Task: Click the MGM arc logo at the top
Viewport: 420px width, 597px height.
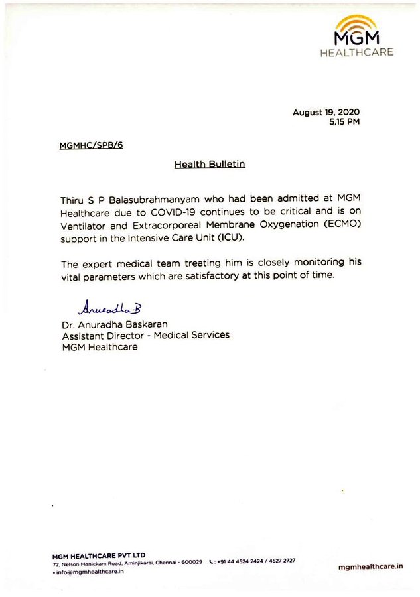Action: tap(356, 25)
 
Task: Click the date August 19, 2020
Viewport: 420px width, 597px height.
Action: tap(326, 113)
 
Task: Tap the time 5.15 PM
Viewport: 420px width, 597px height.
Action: tap(344, 122)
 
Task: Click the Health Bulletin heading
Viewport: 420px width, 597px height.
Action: tap(210, 163)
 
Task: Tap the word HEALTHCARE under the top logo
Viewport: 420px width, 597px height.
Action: tap(356, 52)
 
